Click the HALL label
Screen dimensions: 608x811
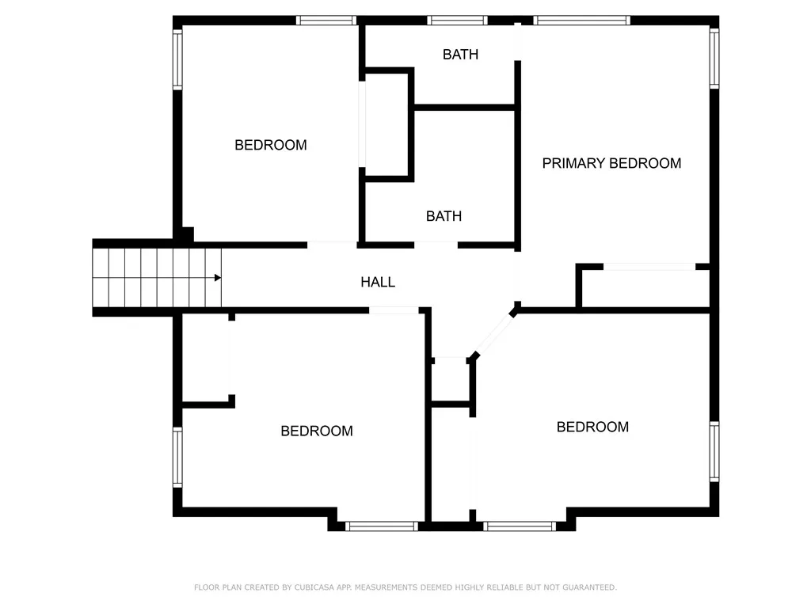pyautogui.click(x=378, y=282)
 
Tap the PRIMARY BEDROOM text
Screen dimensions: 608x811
pyautogui.click(x=611, y=163)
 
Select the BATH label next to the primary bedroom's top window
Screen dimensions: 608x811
pyautogui.click(x=460, y=55)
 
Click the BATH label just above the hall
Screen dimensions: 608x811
pyautogui.click(x=444, y=216)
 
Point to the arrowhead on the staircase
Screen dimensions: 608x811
pyautogui.click(x=217, y=278)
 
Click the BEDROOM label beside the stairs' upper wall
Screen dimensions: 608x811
pyautogui.click(x=270, y=145)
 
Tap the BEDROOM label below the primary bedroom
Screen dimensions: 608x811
pyautogui.click(x=592, y=427)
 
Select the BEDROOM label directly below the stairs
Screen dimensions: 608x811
pyautogui.click(x=317, y=431)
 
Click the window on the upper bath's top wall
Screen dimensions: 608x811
pyautogui.click(x=457, y=21)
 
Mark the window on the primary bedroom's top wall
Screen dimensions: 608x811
pyautogui.click(x=582, y=21)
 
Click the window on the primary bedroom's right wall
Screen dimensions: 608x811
pyautogui.click(x=714, y=58)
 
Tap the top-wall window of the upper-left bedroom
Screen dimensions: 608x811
pyautogui.click(x=326, y=21)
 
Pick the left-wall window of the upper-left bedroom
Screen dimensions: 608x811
pyautogui.click(x=178, y=59)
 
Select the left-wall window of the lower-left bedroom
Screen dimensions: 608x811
pyautogui.click(x=178, y=457)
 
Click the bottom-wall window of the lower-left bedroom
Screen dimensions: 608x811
pyautogui.click(x=381, y=526)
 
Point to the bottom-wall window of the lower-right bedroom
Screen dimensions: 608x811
pyautogui.click(x=520, y=526)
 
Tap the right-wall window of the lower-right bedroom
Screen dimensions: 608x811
pyautogui.click(x=714, y=451)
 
